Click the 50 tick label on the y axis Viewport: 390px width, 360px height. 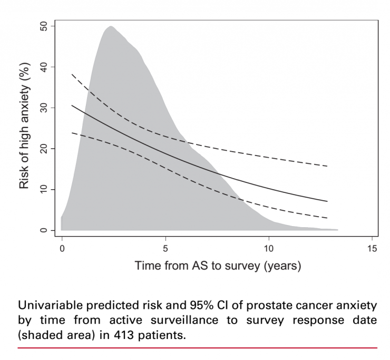43,26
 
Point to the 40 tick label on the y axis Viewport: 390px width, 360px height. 43,67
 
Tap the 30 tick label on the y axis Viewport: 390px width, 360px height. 43,108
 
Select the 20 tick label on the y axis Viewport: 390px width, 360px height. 43,149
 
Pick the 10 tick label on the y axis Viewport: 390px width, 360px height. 43,189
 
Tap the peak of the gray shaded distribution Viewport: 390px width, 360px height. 111,26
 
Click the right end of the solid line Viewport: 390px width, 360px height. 327,201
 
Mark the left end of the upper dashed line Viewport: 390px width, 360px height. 72,74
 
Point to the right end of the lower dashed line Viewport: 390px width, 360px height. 327,218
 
